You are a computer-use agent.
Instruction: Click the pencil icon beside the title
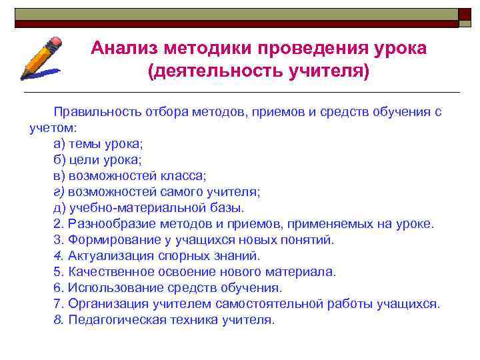(41, 59)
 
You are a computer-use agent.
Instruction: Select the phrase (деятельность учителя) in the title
(258, 70)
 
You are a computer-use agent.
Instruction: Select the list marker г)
(59, 192)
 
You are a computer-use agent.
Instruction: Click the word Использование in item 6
(109, 288)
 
